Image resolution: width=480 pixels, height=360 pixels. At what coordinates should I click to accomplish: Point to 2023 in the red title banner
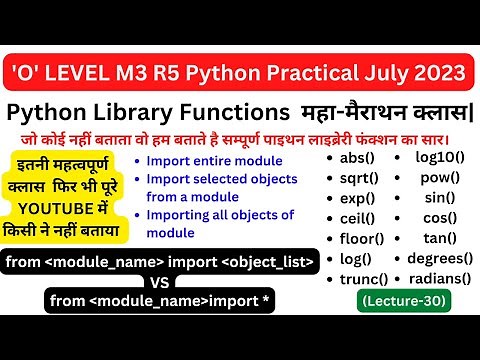pyautogui.click(x=434, y=72)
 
